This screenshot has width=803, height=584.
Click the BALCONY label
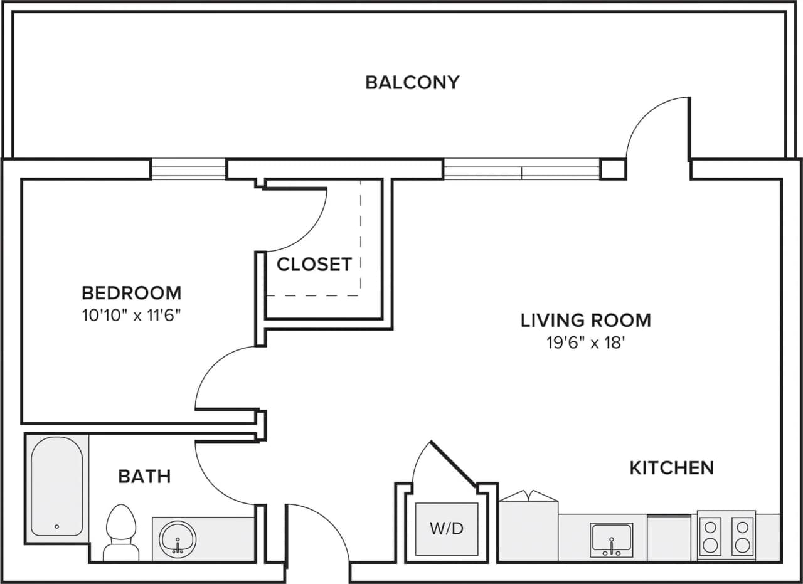coord(412,82)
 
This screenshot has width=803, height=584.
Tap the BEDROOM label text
coord(132,292)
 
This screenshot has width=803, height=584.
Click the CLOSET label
coord(314,264)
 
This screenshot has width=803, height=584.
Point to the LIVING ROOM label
coord(585,320)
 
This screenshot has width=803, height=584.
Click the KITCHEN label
coord(671,467)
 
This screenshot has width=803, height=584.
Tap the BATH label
coord(144,476)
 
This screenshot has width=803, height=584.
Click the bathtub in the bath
coord(56,486)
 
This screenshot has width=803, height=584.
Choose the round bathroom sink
coord(178,539)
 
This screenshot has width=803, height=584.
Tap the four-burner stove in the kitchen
coord(726,536)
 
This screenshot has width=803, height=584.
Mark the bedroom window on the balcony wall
coord(188,169)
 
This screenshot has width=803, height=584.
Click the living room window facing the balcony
coord(521,169)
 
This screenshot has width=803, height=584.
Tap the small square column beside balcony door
coord(613,169)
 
